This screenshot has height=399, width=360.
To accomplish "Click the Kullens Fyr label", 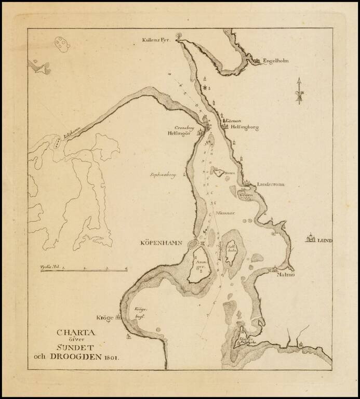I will click(156, 40).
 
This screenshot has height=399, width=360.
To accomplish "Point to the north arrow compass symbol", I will click(299, 92).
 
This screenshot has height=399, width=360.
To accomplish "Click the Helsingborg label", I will click(244, 127).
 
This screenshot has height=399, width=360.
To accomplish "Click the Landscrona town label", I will click(272, 184).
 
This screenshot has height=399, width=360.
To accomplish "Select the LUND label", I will click(325, 241).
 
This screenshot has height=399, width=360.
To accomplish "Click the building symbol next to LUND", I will click(311, 238).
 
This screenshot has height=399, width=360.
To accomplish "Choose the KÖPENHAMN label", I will click(163, 243).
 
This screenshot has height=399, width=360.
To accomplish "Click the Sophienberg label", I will click(164, 176).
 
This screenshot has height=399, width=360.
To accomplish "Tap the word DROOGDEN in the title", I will click(76, 357).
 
